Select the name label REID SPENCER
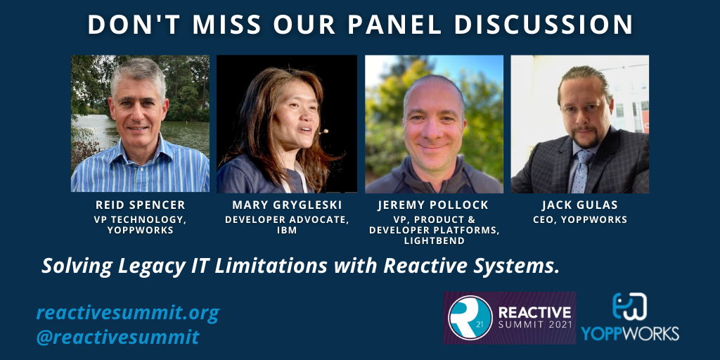click(x=140, y=205)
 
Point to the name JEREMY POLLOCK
click(x=434, y=205)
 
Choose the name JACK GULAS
click(x=579, y=205)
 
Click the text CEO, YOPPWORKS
click(x=579, y=219)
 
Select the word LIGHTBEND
click(x=434, y=240)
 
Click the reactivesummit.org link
click(x=127, y=312)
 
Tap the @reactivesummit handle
click(x=117, y=337)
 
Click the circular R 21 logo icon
click(x=470, y=317)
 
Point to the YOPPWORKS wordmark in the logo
click(x=630, y=332)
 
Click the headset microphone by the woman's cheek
click(x=323, y=131)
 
